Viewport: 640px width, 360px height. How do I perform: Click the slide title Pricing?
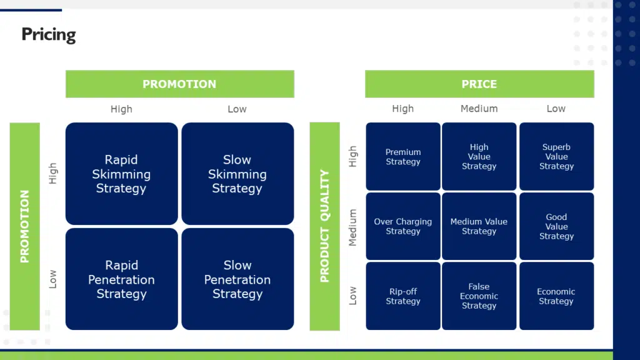point(49,34)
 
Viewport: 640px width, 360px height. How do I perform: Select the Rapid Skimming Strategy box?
point(121,174)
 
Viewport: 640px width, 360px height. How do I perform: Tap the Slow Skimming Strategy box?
point(237,174)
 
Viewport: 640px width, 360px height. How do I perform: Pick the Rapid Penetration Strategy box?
point(121,279)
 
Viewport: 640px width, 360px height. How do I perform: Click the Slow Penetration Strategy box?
point(237,279)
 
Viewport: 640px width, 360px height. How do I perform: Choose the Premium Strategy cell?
point(403,157)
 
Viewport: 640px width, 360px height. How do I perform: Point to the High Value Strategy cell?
point(479,157)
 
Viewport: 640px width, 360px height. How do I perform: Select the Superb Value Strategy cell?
point(556,157)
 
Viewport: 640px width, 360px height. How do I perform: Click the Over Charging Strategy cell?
point(403,226)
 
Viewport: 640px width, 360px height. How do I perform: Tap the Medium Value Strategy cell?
point(479,226)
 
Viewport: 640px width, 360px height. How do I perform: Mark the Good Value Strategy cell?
point(556,226)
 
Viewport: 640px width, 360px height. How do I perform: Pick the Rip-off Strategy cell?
point(403,296)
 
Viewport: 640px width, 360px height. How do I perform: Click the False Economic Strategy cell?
point(479,296)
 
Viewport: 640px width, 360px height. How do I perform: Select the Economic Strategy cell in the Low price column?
point(556,296)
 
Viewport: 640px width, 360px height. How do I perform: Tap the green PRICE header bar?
point(479,84)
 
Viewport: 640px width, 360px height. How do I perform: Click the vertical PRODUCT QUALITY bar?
point(324,226)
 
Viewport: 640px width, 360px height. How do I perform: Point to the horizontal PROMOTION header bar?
point(179,84)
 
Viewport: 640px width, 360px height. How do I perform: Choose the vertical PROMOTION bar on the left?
point(25,226)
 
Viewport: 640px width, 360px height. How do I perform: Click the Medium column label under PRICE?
point(479,109)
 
